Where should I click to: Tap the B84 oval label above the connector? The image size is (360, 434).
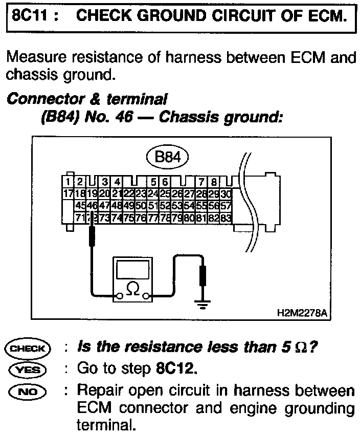167,157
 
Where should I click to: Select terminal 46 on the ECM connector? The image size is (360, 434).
92,205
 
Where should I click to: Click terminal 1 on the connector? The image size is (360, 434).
68,182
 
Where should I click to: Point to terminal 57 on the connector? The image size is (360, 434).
226,205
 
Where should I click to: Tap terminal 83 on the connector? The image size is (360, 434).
226,217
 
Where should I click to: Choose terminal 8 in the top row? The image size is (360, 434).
214,182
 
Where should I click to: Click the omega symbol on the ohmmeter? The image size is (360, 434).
132,290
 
